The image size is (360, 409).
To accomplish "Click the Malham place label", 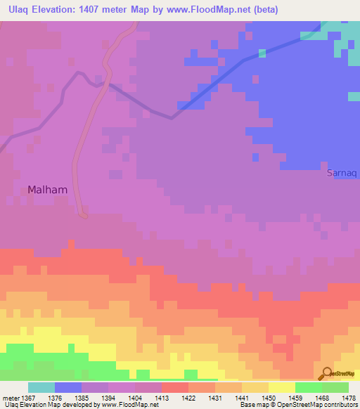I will pyautogui.click(x=48, y=189).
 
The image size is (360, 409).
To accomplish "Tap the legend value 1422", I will pyautogui.click(x=188, y=398).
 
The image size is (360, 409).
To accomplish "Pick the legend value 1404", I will pyautogui.click(x=135, y=398).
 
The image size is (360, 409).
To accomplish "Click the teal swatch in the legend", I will pyautogui.click(x=41, y=387).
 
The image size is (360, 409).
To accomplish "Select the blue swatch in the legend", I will pyautogui.click(x=68, y=387).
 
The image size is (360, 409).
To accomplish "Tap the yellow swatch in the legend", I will pyautogui.click(x=282, y=387).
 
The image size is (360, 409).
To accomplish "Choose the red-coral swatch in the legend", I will pyautogui.click(x=175, y=387).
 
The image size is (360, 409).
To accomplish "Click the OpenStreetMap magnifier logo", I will pyautogui.click(x=326, y=373).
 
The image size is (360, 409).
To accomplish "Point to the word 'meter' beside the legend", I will pyautogui.click(x=11, y=398).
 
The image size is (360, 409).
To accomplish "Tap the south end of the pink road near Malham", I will pyautogui.click(x=84, y=214).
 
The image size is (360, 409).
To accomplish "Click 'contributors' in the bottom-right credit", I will pyautogui.click(x=340, y=405).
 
